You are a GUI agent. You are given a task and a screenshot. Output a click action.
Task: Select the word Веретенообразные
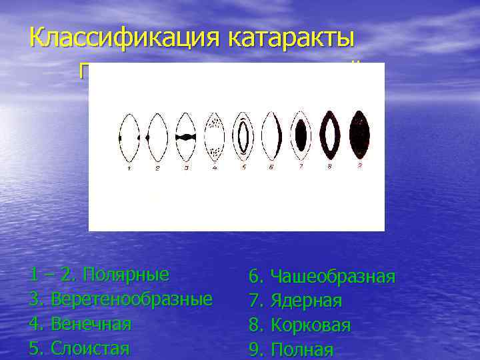pos(131,299)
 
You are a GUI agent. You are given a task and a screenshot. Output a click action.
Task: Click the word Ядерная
pos(306,301)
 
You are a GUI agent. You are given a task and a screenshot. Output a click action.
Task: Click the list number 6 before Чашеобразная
pos(255,277)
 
